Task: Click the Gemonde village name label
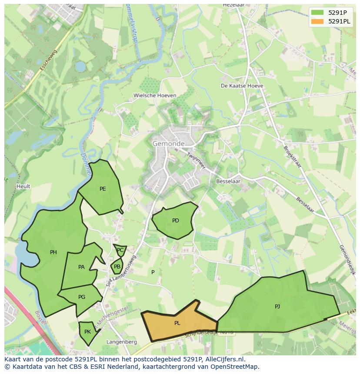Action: (x=168, y=143)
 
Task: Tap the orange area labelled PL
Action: (x=177, y=323)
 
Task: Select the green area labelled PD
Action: (x=175, y=221)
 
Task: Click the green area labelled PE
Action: (x=103, y=189)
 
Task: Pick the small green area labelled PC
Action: (x=120, y=250)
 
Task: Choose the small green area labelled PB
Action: (x=117, y=267)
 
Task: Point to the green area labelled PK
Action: (x=87, y=332)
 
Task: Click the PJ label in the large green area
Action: (x=277, y=307)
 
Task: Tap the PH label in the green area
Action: (x=53, y=252)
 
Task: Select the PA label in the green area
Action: (x=81, y=267)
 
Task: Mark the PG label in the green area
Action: (x=82, y=297)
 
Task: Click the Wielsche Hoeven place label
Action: (x=155, y=96)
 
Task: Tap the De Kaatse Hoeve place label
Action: (x=242, y=86)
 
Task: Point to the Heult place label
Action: (x=23, y=186)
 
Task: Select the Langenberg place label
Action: (x=122, y=342)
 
